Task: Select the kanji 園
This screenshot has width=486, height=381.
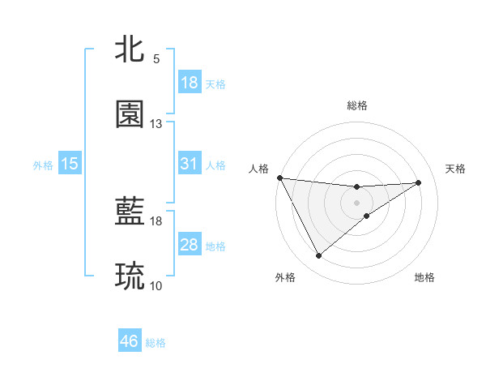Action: point(130,114)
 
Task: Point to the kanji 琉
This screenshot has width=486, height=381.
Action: point(130,276)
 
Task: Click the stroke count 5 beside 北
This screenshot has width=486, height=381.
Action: point(156,59)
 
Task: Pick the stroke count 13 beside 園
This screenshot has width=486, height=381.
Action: point(156,124)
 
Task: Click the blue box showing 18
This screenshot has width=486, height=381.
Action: point(190,83)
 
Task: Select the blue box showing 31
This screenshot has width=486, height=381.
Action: point(190,164)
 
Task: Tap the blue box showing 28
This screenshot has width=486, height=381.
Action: point(190,245)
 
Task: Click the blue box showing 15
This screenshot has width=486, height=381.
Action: point(70,164)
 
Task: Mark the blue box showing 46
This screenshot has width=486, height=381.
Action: point(130,341)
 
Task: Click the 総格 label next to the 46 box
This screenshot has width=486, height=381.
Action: point(156,343)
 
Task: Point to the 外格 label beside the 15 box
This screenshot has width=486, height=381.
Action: point(43,165)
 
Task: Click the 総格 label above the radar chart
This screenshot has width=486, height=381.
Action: point(357,105)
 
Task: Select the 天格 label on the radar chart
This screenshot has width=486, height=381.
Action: point(456,169)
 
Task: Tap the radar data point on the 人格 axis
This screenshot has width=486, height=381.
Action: point(279,178)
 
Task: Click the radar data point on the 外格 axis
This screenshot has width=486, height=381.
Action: point(318,256)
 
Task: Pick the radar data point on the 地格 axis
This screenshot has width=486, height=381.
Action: point(367,216)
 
